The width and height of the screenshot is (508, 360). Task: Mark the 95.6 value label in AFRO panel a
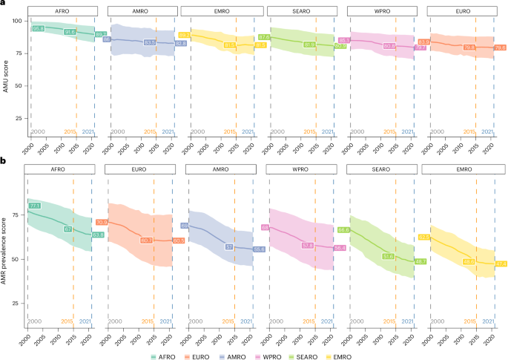click(39, 28)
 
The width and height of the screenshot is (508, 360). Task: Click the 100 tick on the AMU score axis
click(17, 21)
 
